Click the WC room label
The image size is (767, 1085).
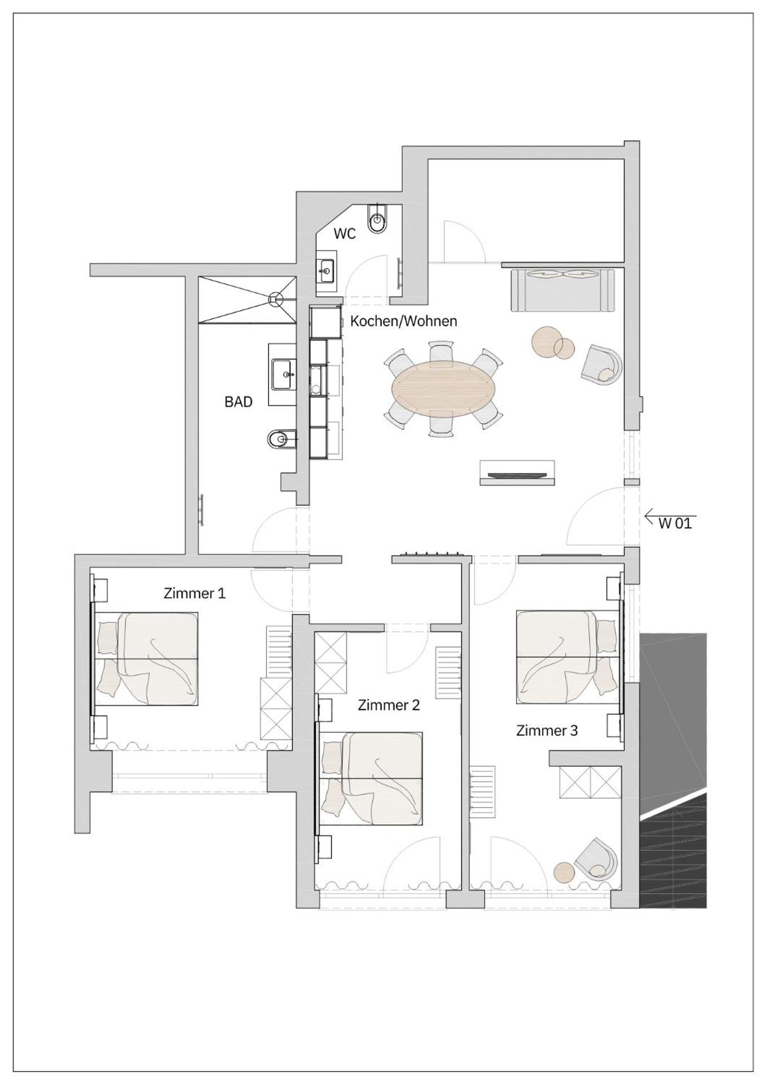pyautogui.click(x=345, y=233)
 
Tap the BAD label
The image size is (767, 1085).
pyautogui.click(x=238, y=402)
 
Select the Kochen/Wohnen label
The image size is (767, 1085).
pyautogui.click(x=403, y=321)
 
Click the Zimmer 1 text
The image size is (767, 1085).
pyautogui.click(x=194, y=593)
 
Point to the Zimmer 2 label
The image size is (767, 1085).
pyautogui.click(x=389, y=705)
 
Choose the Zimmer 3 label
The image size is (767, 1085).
pyautogui.click(x=547, y=730)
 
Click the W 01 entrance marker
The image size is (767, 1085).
pyautogui.click(x=674, y=523)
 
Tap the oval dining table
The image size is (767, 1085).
pyautogui.click(x=442, y=389)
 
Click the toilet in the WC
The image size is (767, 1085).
pyautogui.click(x=378, y=219)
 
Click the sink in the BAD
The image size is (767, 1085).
pyautogui.click(x=282, y=374)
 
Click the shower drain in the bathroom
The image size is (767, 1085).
pyautogui.click(x=276, y=298)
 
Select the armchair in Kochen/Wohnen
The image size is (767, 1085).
pyautogui.click(x=602, y=365)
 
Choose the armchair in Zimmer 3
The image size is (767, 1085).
pyautogui.click(x=597, y=859)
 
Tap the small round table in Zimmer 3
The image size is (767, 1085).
pyautogui.click(x=563, y=872)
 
